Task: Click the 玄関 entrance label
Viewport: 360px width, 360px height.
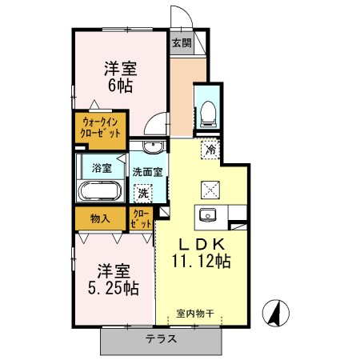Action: point(180,43)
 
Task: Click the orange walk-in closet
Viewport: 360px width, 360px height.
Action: point(99,128)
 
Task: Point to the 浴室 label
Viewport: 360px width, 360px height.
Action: point(101,168)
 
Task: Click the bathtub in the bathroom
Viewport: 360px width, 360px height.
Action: point(99,191)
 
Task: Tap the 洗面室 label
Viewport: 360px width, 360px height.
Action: point(147,170)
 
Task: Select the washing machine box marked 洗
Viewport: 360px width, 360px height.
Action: point(142,192)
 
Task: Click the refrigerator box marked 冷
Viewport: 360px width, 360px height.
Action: point(211,150)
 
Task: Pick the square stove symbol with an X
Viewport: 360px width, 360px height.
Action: point(211,189)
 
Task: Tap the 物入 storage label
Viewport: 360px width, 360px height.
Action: point(100,218)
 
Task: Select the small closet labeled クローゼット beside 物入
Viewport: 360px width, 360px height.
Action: point(141,218)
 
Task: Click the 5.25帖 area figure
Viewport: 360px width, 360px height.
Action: point(112,289)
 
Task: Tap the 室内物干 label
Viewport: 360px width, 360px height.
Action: point(195,314)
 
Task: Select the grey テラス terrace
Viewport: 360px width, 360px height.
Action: point(161,339)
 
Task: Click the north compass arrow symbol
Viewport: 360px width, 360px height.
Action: point(276,312)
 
